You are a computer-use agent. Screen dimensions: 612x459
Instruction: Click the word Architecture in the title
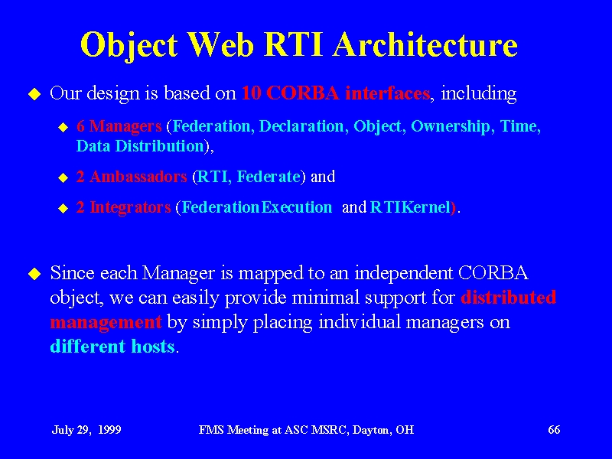tap(425, 44)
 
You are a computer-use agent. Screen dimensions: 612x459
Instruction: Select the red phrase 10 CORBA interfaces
tap(336, 93)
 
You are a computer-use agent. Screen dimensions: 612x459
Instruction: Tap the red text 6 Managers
tap(119, 126)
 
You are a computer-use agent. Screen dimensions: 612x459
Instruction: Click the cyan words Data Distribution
tap(140, 146)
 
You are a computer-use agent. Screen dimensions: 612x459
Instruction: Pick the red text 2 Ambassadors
tap(132, 177)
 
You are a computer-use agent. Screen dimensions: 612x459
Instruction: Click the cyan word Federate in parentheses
tap(269, 177)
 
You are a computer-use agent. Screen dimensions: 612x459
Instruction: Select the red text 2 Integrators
tap(124, 207)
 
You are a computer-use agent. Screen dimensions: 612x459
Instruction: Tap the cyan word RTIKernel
tap(410, 207)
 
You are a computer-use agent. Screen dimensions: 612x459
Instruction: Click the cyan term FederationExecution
tap(257, 207)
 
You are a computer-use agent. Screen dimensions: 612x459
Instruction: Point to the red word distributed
tap(508, 298)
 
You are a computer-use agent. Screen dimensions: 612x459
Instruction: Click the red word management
tap(106, 323)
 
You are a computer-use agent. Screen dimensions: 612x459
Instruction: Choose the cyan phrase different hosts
tap(112, 347)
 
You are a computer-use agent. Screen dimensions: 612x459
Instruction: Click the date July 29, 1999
tap(86, 430)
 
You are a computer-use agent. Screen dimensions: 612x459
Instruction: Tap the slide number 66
tap(554, 430)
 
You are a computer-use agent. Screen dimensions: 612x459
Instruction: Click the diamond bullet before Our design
tap(34, 94)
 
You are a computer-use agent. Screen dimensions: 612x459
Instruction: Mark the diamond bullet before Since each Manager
tap(34, 274)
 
